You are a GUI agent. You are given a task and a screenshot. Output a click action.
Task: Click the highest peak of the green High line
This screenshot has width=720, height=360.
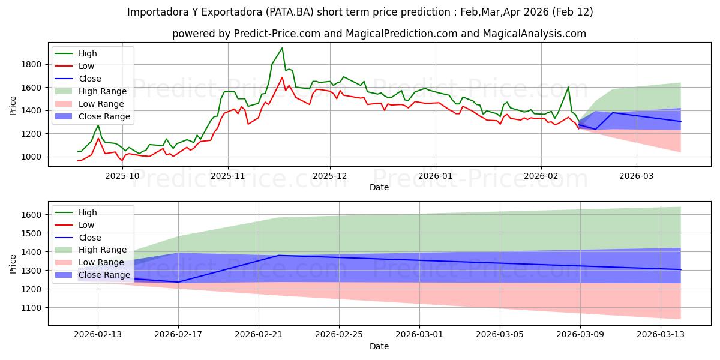click(282, 48)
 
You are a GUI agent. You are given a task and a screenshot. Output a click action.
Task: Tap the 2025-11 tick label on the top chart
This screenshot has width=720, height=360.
click(227, 175)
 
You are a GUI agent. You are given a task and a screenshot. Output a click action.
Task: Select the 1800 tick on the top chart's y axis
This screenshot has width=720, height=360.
click(32, 64)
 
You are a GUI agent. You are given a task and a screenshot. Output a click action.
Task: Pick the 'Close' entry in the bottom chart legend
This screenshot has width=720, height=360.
click(90, 238)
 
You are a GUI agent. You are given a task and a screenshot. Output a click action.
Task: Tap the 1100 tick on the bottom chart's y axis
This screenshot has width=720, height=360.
click(32, 308)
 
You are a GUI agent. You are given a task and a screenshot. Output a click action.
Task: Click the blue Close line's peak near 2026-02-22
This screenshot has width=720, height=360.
click(278, 256)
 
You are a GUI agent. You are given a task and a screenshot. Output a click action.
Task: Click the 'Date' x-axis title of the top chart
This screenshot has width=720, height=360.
click(379, 187)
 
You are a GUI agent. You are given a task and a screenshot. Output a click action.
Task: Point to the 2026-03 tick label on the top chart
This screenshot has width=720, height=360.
click(636, 175)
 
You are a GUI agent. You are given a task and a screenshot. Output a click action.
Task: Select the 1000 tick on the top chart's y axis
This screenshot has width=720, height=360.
click(32, 157)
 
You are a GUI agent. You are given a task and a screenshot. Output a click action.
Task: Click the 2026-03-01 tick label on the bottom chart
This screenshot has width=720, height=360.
click(419, 334)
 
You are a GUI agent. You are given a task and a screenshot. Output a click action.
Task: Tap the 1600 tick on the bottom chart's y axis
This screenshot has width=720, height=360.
click(32, 215)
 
